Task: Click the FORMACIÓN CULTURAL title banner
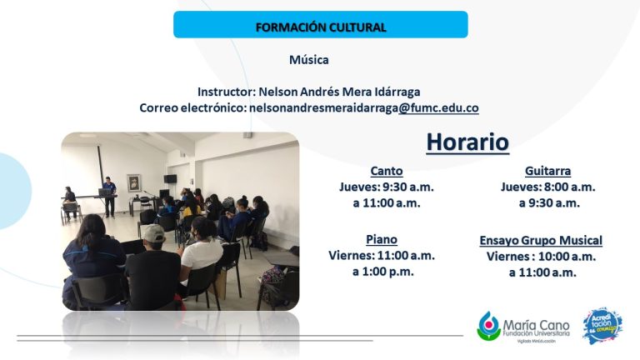tap(320, 24)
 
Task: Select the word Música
tap(309, 60)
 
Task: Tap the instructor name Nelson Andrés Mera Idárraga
tap(340, 92)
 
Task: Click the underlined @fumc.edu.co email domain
tap(438, 107)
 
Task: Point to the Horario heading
tap(467, 142)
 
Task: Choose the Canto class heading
tap(387, 171)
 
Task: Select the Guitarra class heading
tap(547, 171)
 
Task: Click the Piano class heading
tap(382, 239)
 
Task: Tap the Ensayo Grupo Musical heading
tap(541, 240)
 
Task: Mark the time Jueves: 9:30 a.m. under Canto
tap(387, 187)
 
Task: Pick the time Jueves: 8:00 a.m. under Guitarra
tap(547, 187)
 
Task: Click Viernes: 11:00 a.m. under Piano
tap(382, 256)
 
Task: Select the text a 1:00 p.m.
tap(382, 272)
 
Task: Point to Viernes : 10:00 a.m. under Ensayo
tap(541, 257)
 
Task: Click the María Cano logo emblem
tap(488, 326)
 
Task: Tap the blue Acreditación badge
tap(602, 326)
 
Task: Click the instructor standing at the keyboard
tap(109, 197)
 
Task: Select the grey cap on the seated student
tap(154, 233)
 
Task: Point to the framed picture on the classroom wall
tap(134, 182)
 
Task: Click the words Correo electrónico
tap(192, 107)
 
